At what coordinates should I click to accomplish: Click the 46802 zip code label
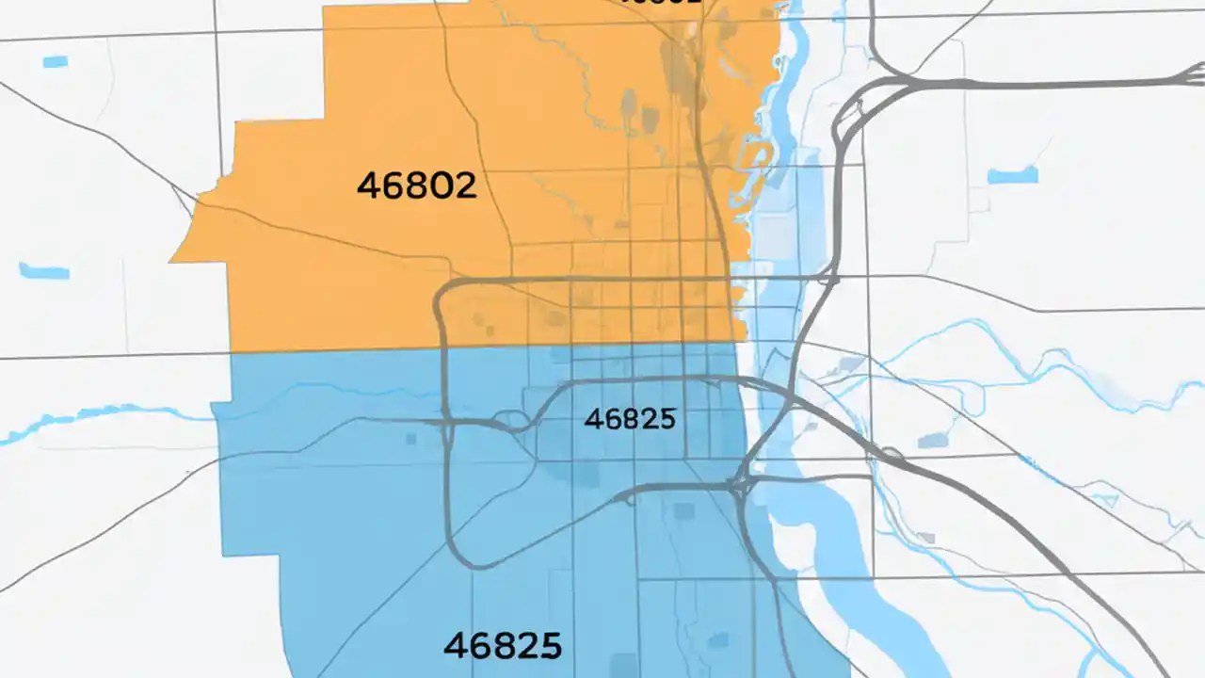point(416,186)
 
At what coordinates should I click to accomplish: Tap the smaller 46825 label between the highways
point(630,419)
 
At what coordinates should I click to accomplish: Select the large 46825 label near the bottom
point(503,646)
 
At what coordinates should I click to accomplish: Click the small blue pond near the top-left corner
point(56,62)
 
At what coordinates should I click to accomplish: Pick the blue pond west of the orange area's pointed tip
point(44,271)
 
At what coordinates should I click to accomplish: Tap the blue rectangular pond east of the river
point(1012,175)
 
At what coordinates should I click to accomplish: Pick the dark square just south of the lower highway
point(684,511)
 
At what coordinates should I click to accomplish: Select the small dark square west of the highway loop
point(411,439)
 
